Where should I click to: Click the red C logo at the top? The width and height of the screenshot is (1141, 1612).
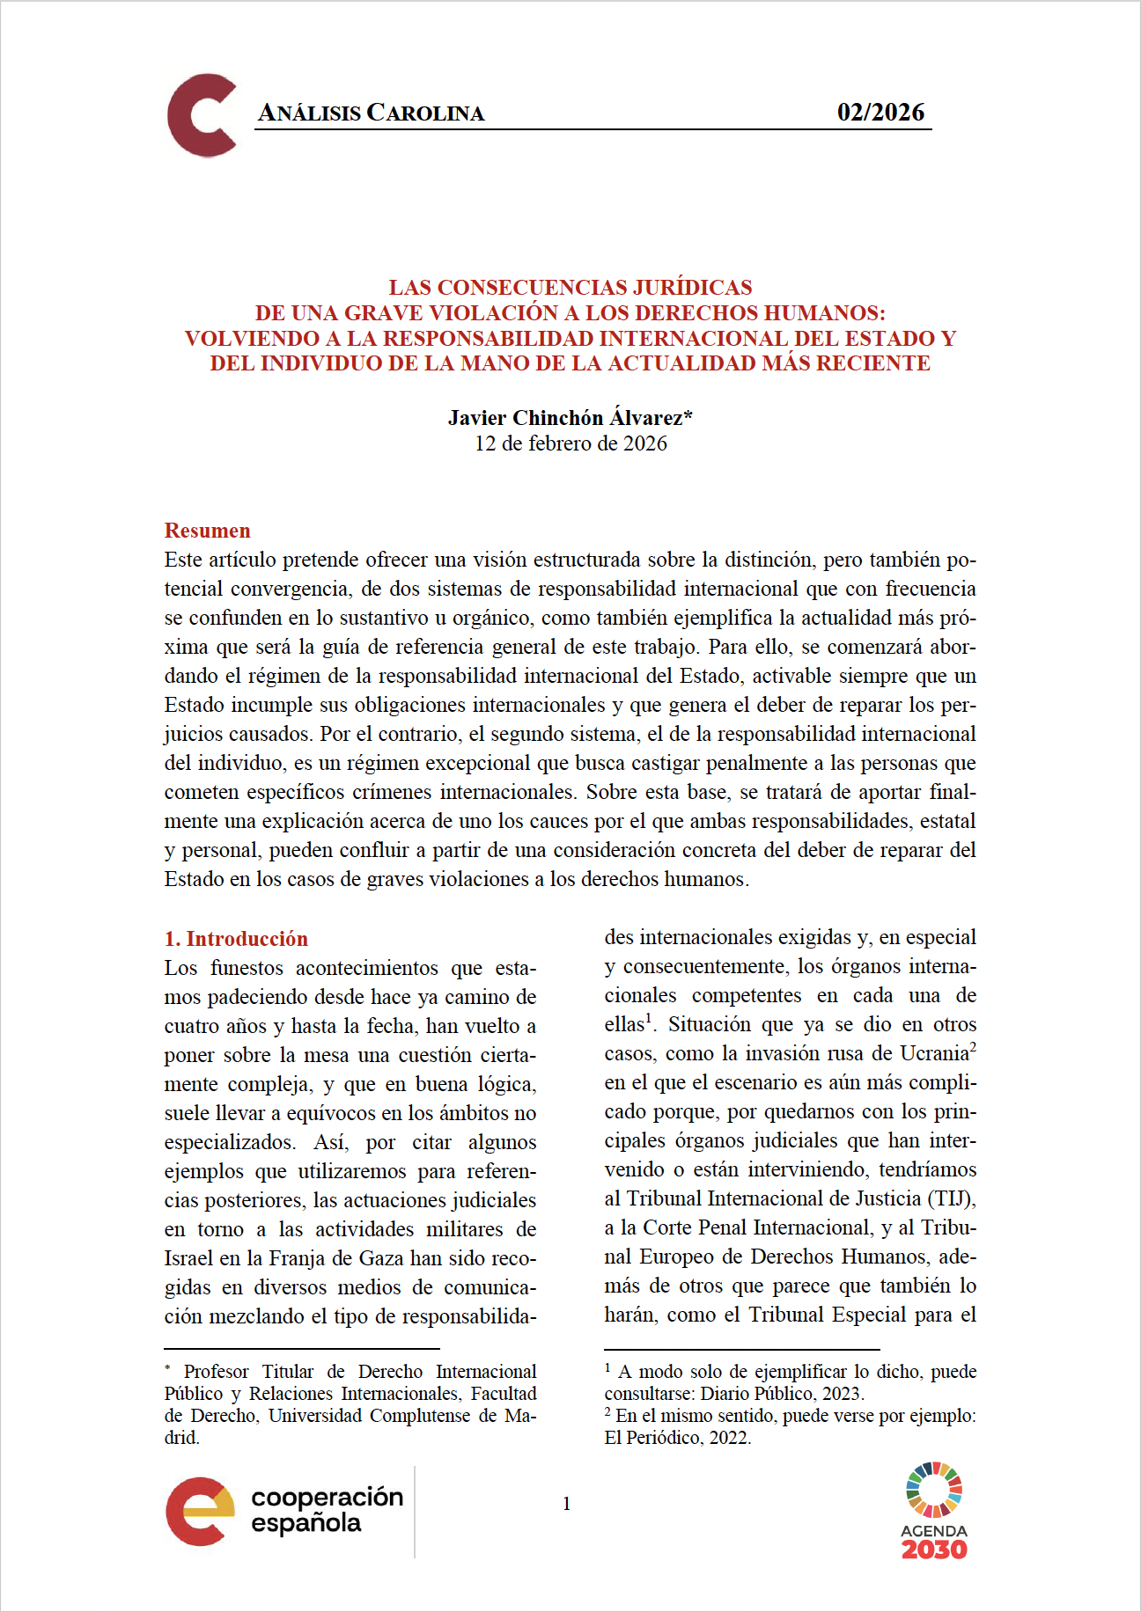click(x=202, y=115)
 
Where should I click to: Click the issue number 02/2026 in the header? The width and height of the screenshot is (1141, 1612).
click(x=880, y=112)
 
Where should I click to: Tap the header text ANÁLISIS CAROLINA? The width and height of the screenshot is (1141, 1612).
click(x=371, y=113)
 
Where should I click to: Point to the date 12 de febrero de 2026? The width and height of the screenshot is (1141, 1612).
click(x=570, y=443)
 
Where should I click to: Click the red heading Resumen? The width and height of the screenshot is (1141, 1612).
click(x=207, y=531)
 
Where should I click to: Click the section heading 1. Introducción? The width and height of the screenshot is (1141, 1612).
click(x=236, y=939)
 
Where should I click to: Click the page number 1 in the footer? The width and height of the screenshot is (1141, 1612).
click(x=566, y=1504)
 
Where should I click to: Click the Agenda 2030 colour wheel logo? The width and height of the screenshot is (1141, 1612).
click(x=933, y=1490)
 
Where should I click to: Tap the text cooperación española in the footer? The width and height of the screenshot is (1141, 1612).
click(x=327, y=1509)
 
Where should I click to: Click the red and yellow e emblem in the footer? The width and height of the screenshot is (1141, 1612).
click(x=200, y=1511)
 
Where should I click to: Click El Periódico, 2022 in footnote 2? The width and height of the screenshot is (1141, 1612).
click(x=677, y=1438)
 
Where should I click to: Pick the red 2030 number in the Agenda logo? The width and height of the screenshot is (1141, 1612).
click(x=933, y=1550)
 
